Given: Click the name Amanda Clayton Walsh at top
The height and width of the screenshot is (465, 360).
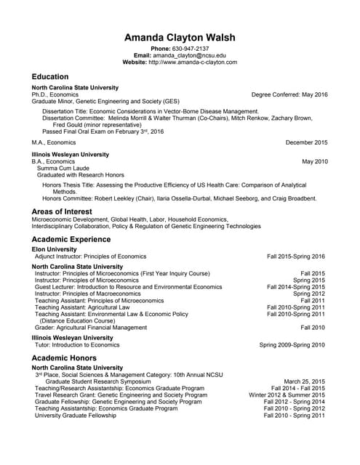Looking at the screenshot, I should pyautogui.click(x=180, y=37).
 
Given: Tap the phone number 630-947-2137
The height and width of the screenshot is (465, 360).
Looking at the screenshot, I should pyautogui.click(x=191, y=48).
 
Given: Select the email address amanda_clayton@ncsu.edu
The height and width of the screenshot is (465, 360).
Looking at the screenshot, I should pyautogui.click(x=189, y=55).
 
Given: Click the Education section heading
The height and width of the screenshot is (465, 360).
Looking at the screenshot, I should pyautogui.click(x=50, y=77).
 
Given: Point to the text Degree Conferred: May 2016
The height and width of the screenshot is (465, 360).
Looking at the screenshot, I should pyautogui.click(x=289, y=94).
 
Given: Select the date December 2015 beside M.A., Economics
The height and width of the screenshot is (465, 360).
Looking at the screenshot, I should pyautogui.click(x=306, y=143).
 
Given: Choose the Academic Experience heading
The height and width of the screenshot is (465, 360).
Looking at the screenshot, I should pyautogui.click(x=71, y=239).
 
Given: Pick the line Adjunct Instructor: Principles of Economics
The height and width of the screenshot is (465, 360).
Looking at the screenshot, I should pyautogui.click(x=90, y=256).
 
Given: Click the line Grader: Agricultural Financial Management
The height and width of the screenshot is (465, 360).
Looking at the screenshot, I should pyautogui.click(x=90, y=328).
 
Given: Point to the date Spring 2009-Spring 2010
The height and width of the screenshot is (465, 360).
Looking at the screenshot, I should pyautogui.click(x=292, y=345).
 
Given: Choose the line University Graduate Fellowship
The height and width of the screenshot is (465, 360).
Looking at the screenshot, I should pyautogui.click(x=75, y=415).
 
